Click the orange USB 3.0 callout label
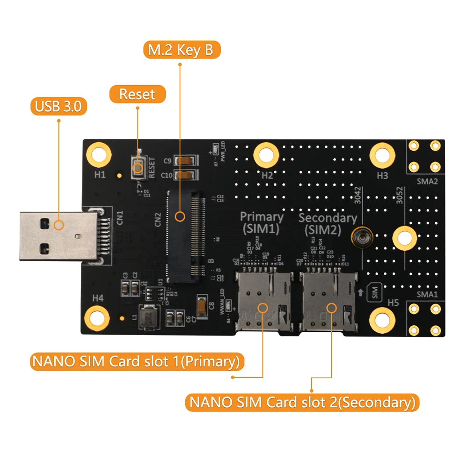(58, 107)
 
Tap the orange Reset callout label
(137, 94)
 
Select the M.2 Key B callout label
(181, 51)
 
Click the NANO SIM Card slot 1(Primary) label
(135, 362)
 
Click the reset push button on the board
(139, 168)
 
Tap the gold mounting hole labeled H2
(265, 154)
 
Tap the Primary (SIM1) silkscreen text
(261, 223)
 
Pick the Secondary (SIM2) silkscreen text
(327, 224)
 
